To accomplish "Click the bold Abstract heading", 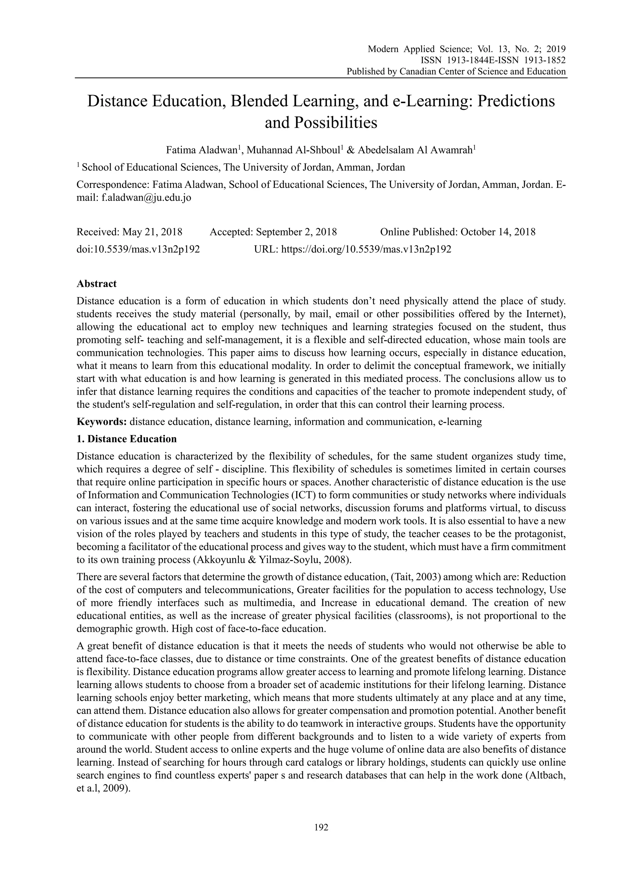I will (x=96, y=284).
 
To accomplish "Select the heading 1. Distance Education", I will (x=127, y=439).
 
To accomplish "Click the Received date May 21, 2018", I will (x=152, y=232).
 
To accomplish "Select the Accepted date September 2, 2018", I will (x=296, y=232).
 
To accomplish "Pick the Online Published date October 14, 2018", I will (x=498, y=232).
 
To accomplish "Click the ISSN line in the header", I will (x=493, y=60).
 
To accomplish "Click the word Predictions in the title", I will (x=516, y=101).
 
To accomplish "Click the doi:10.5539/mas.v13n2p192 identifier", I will (x=138, y=249).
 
